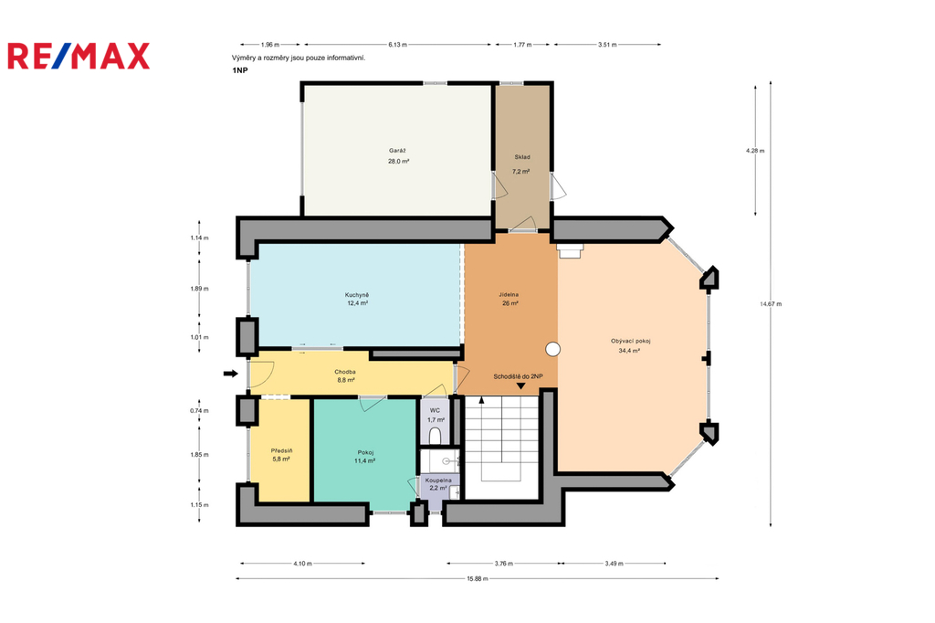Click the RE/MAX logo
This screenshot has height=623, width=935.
click(79, 56)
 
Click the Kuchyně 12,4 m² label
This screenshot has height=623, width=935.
click(357, 299)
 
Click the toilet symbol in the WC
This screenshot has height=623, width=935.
click(436, 435)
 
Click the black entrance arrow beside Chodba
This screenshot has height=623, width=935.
click(231, 375)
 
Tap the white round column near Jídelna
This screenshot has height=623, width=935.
click(552, 350)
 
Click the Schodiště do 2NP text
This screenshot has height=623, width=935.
click(518, 376)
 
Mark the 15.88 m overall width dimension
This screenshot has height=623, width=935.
click(477, 578)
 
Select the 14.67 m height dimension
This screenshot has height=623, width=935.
click(771, 304)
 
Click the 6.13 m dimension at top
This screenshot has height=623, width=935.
click(398, 44)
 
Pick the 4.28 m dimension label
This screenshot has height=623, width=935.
click(755, 151)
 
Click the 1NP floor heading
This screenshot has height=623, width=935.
click(240, 70)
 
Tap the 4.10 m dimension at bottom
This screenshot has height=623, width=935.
click(303, 564)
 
